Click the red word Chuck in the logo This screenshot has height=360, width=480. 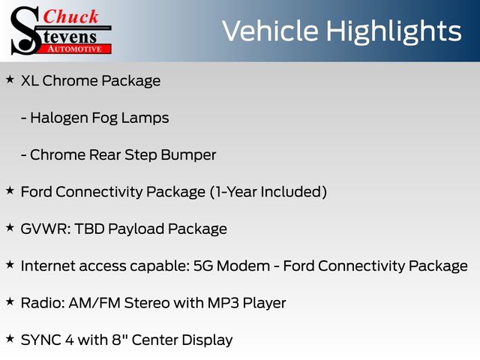[70, 16]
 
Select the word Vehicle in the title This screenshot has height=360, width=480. [270, 31]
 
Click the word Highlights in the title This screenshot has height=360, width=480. [394, 31]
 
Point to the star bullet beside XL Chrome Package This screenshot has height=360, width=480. [10, 79]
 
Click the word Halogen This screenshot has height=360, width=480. [59, 118]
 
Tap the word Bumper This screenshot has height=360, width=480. [188, 155]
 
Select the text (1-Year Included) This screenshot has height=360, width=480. [268, 192]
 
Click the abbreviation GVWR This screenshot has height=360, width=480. [45, 229]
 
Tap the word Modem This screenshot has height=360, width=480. [243, 266]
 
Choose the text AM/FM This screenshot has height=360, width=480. [94, 303]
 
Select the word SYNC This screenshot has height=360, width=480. [40, 340]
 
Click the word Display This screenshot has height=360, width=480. [206, 340]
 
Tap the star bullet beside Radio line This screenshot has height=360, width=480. [10, 301]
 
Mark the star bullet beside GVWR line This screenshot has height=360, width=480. [10, 227]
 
